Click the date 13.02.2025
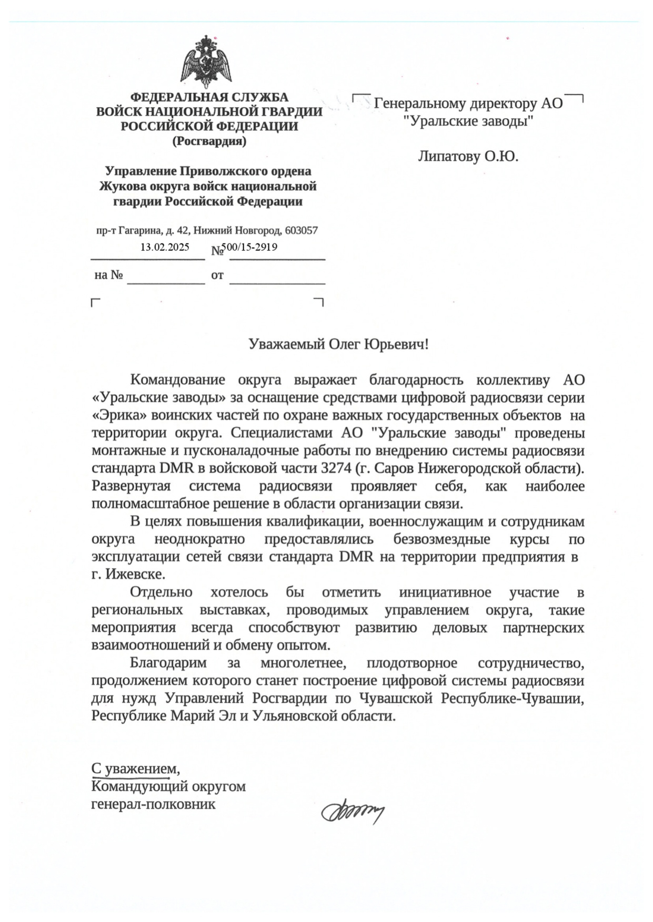click(x=164, y=247)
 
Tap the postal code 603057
click(x=301, y=230)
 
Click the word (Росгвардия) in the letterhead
click(x=209, y=141)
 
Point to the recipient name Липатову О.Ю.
click(x=468, y=156)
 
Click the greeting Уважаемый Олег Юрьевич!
click(x=338, y=344)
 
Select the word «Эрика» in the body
click(x=119, y=415)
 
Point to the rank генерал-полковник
click(x=153, y=804)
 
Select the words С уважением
click(x=135, y=769)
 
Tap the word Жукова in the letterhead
click(x=122, y=186)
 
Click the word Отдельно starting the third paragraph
click(x=161, y=592)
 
